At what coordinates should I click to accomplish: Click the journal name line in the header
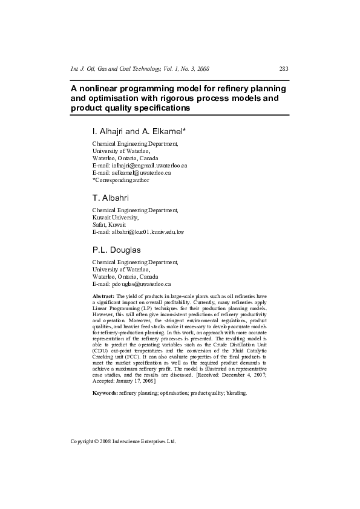(140, 69)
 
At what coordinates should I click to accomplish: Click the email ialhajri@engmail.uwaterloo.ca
(148, 165)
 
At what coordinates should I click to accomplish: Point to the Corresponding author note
(121, 180)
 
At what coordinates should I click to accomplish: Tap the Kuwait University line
(116, 217)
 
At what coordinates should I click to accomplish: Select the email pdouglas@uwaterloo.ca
(140, 284)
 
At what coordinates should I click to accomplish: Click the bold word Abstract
(103, 297)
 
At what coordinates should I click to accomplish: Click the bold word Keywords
(105, 393)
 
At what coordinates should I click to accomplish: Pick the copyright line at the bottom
(123, 441)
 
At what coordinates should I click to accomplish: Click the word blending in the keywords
(236, 393)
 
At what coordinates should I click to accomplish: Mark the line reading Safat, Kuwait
(109, 224)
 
